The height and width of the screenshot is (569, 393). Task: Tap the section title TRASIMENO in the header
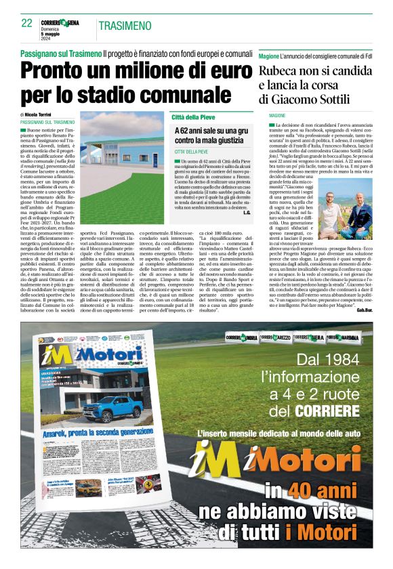coord(125,26)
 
